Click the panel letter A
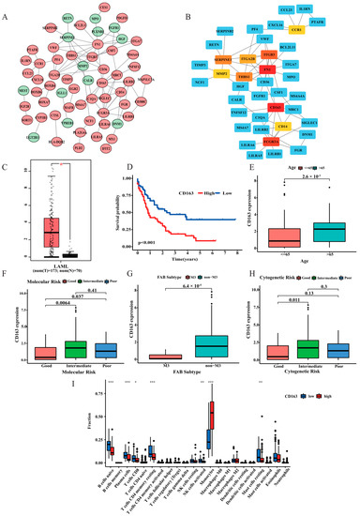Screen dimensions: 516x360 (7, 7)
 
